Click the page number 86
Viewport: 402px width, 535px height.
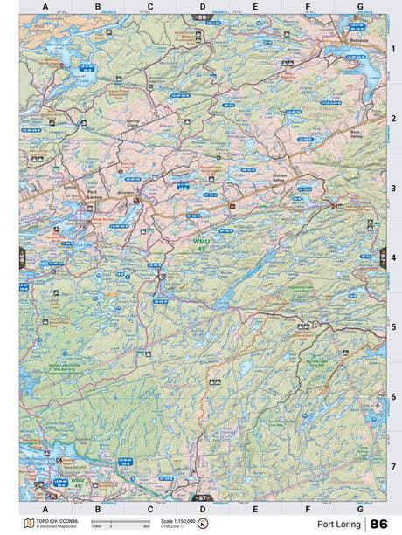tap(378, 524)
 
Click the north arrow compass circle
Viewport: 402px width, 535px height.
tap(203, 524)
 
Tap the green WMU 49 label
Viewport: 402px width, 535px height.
tap(79, 481)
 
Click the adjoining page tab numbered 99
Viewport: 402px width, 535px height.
tap(202, 17)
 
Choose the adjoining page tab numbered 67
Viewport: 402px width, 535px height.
tap(203, 497)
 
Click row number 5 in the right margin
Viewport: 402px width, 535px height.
tap(393, 327)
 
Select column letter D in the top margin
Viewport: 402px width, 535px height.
tap(202, 6)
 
